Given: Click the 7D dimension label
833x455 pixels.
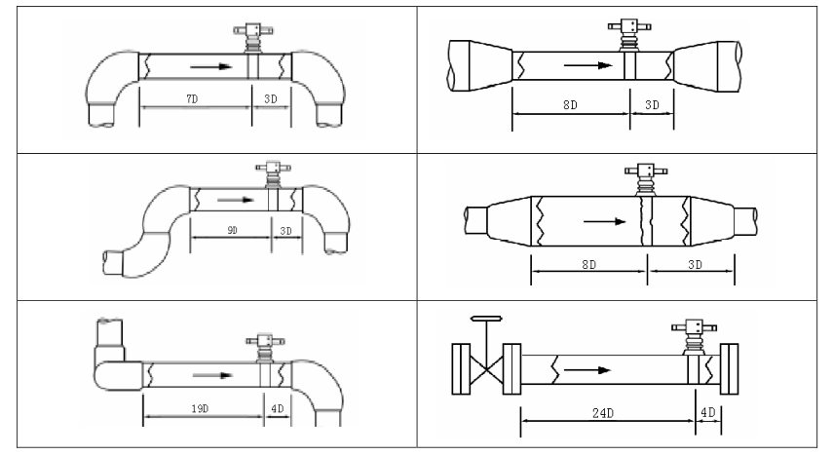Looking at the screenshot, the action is pyautogui.click(x=192, y=98).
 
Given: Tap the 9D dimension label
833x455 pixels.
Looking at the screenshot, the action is pyautogui.click(x=232, y=230).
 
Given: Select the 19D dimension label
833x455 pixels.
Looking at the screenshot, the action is pyautogui.click(x=200, y=408).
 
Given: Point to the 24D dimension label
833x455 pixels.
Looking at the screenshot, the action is pyautogui.click(x=603, y=413).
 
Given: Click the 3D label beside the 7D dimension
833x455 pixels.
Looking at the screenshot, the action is pyautogui.click(x=271, y=98).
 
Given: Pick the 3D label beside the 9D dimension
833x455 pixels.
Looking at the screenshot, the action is pyautogui.click(x=285, y=231).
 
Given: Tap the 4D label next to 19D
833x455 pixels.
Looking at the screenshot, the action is pyautogui.click(x=278, y=408).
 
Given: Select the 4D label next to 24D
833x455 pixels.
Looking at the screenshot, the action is pyautogui.click(x=708, y=412).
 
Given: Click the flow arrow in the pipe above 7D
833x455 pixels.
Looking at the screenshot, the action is pyautogui.click(x=211, y=66).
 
